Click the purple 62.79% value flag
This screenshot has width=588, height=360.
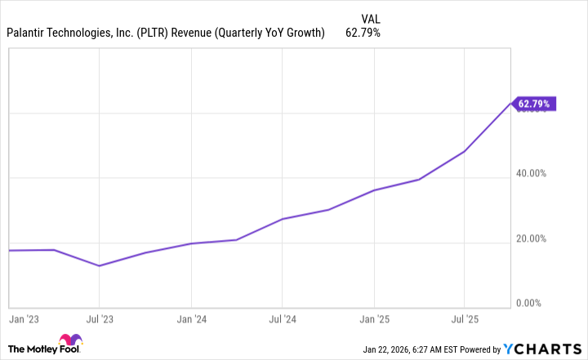[536, 104]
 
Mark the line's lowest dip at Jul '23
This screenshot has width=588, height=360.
[99, 265]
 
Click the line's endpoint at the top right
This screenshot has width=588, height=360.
[510, 104]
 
